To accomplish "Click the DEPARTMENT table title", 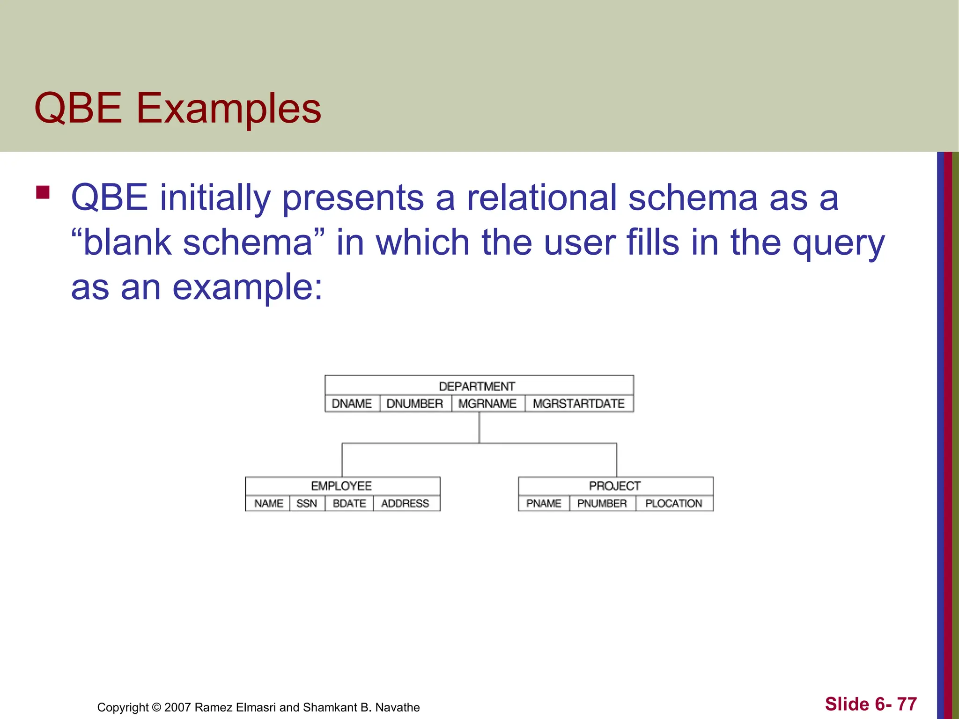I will (477, 386).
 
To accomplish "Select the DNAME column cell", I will (352, 404).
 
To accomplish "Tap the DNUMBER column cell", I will (415, 404).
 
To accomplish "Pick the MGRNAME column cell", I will (487, 404).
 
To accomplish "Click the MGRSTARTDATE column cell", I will (579, 404).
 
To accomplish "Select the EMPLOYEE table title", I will (341, 486).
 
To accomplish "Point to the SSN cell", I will (307, 503).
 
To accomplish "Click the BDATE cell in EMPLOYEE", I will (349, 503).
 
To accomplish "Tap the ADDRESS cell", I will (406, 503).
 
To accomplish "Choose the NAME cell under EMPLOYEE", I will (269, 503).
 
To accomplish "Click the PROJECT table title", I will (615, 486).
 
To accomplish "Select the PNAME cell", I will (544, 503).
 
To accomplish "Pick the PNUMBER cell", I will (602, 503).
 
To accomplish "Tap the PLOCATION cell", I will (674, 503).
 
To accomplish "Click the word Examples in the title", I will (229, 109).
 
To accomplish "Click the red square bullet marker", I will (43, 193).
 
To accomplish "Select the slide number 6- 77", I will (870, 704).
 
